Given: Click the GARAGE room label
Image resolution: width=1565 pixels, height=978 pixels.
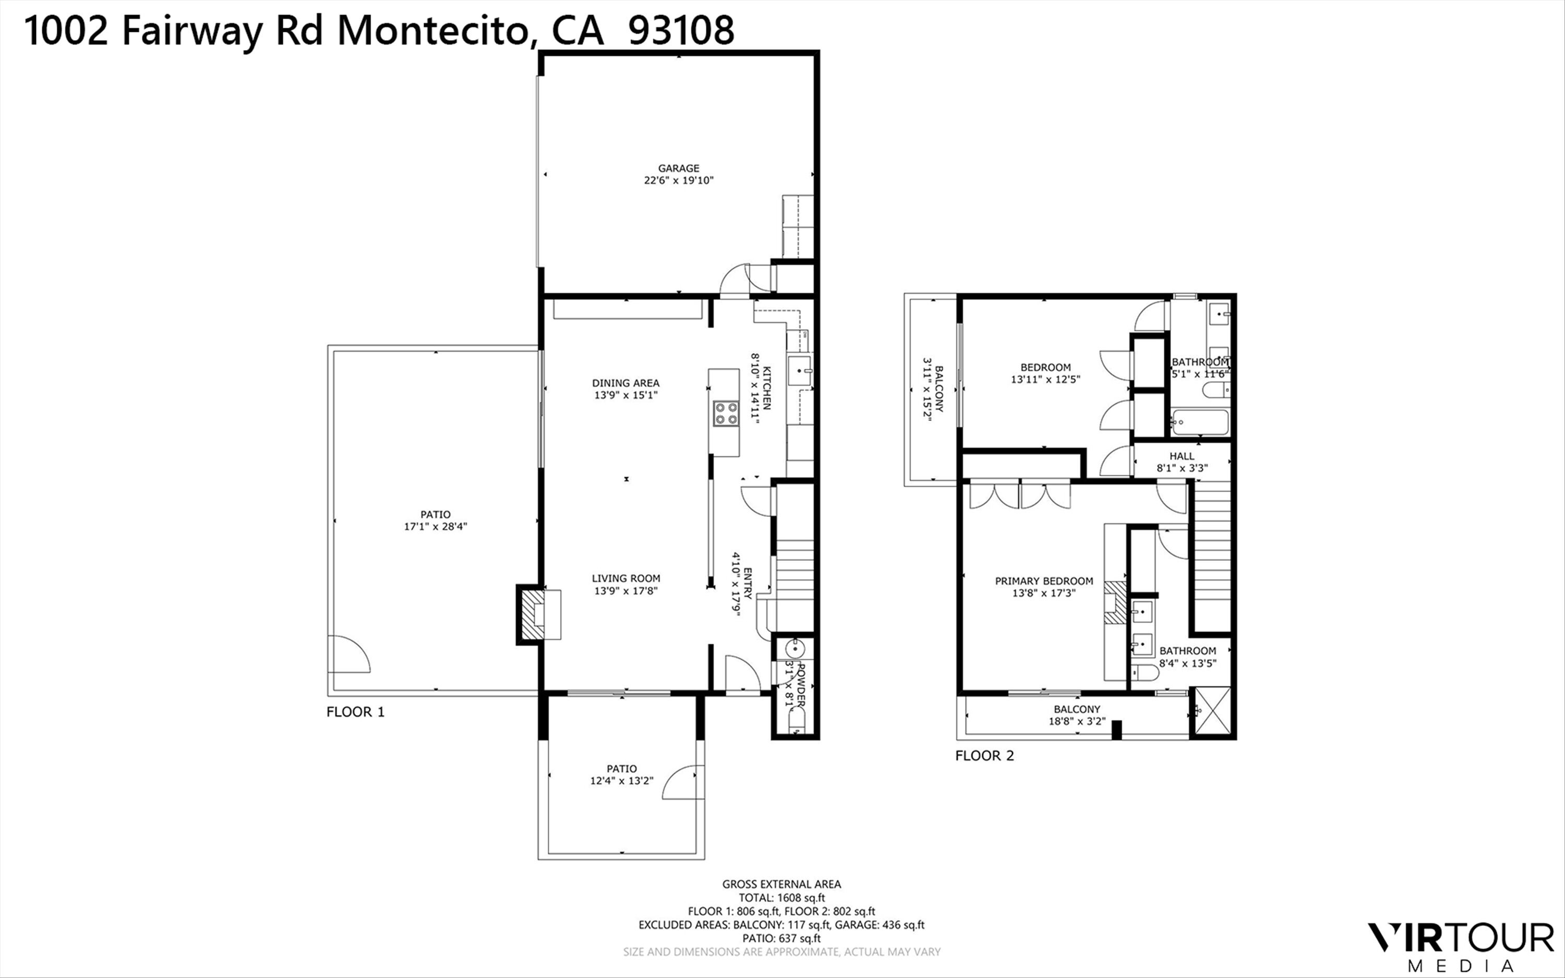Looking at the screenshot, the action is (x=678, y=168).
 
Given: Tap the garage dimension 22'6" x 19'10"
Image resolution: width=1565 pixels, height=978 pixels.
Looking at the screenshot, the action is (x=678, y=180).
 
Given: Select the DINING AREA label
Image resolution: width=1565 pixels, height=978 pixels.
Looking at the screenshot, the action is (x=625, y=383).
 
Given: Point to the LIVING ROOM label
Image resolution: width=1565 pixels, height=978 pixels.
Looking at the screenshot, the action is (x=626, y=578).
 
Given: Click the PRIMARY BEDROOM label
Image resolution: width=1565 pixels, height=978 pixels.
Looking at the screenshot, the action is (x=1044, y=581).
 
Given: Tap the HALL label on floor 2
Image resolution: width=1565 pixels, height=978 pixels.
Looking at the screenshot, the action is (x=1182, y=456).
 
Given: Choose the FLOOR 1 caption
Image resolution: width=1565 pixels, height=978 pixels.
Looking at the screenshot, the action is (x=355, y=712).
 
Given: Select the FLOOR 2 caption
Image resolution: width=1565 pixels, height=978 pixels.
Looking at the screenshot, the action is (x=984, y=755).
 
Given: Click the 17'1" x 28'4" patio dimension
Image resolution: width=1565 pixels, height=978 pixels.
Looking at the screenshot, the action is (x=435, y=526).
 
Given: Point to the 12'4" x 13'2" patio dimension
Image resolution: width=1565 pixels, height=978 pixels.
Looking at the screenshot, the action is (x=621, y=781).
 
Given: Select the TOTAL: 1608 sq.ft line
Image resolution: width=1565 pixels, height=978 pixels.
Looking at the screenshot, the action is (x=782, y=898).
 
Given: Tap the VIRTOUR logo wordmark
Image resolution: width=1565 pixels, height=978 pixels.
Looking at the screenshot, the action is (x=1460, y=938).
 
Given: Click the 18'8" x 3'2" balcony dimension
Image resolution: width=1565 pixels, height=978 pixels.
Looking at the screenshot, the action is (x=1077, y=721).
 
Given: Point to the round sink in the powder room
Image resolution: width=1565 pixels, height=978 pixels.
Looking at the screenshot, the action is (x=792, y=648).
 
